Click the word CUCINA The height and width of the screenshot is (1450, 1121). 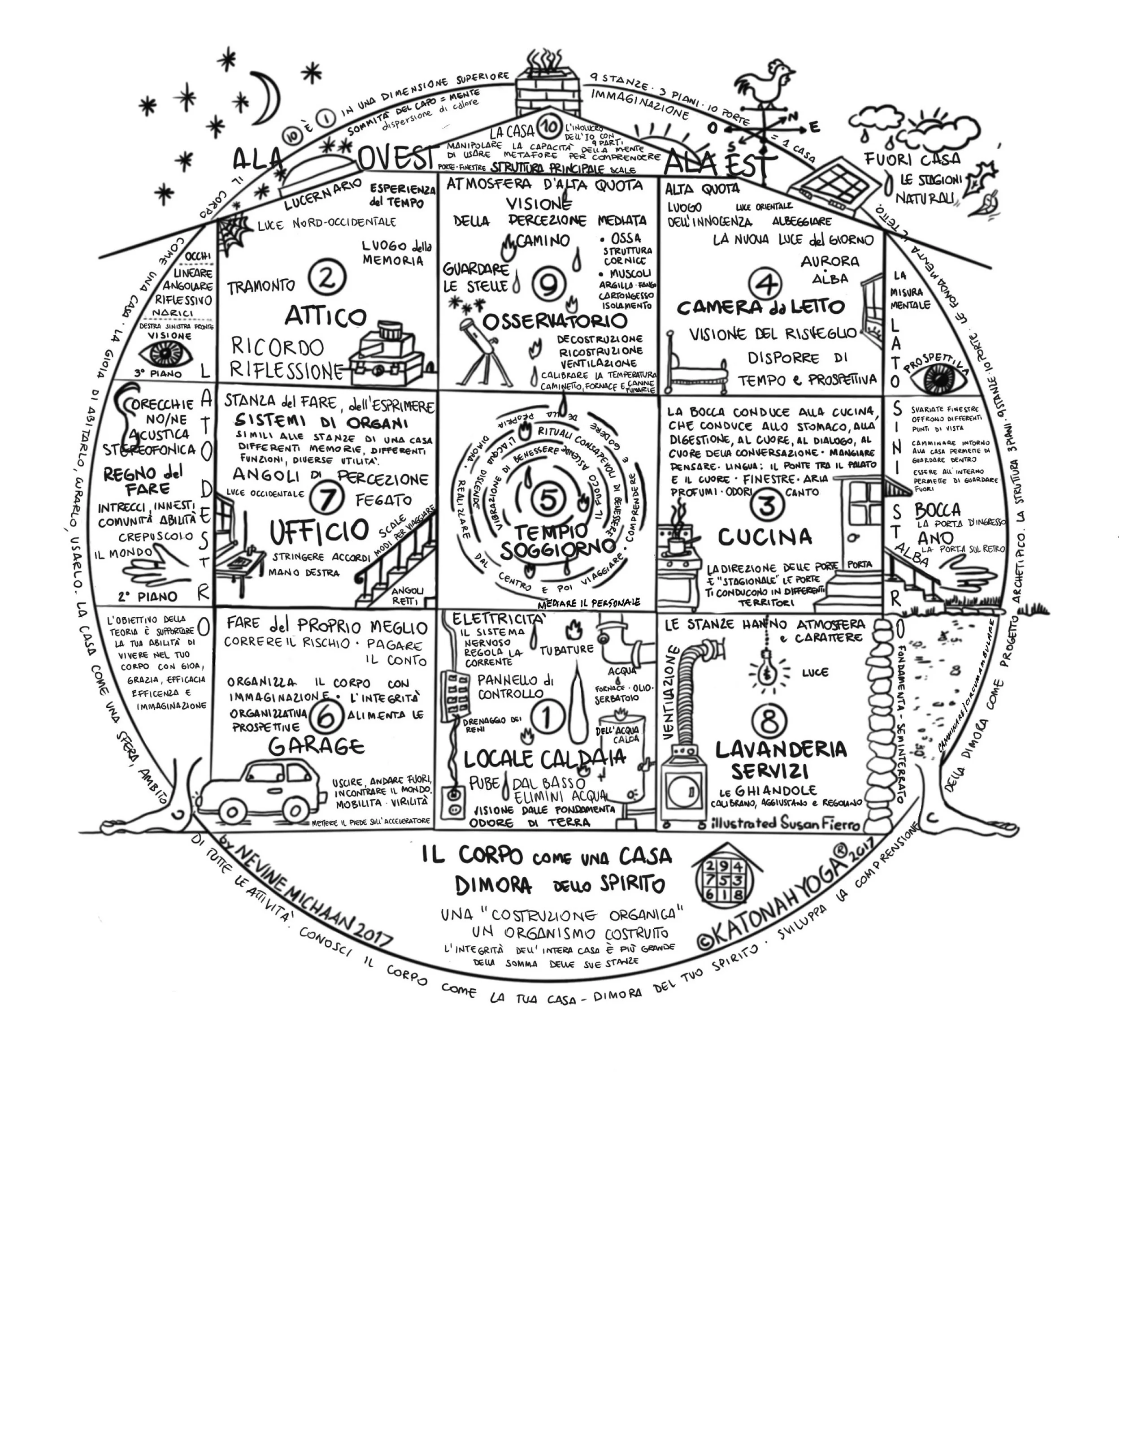coord(764,537)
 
